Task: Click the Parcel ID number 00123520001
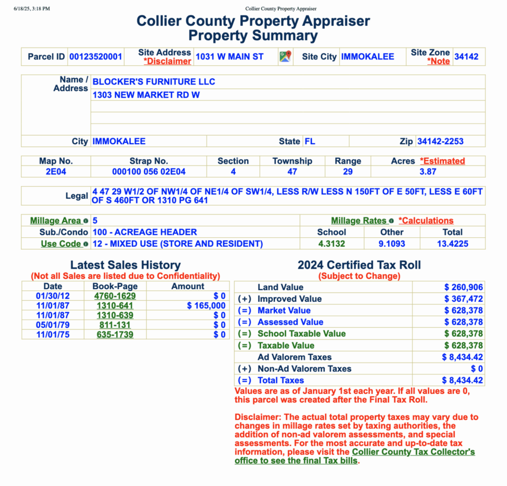(96, 56)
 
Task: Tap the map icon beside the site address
(285, 56)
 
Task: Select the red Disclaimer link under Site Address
(167, 61)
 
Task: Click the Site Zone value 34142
(466, 56)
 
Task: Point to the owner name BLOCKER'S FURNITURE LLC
(154, 82)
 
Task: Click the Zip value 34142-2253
(440, 141)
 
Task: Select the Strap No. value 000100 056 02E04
(149, 171)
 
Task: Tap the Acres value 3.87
(428, 171)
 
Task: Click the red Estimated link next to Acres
(442, 161)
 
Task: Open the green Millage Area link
(55, 220)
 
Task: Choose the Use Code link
(60, 244)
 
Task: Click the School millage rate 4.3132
(332, 243)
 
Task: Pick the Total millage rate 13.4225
(452, 243)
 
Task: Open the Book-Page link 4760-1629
(115, 296)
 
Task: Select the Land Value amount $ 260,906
(463, 287)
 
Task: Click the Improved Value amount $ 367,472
(463, 299)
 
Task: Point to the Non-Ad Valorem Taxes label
(304, 369)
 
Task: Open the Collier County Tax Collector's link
(413, 452)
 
